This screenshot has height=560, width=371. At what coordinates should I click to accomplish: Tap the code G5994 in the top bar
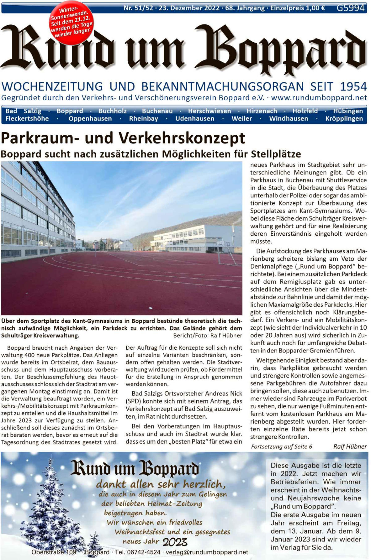[350, 8]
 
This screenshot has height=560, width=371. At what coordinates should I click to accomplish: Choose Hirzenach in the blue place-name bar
[262, 111]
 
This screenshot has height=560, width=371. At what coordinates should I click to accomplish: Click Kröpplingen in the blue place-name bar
[344, 119]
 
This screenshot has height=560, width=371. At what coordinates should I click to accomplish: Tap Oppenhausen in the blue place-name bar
[90, 119]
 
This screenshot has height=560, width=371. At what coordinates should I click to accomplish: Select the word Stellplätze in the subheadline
[276, 154]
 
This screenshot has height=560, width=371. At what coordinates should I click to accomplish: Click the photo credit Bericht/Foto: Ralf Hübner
[207, 335]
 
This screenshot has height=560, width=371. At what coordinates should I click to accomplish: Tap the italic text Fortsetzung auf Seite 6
[282, 446]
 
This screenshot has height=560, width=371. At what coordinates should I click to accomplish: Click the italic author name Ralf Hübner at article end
[350, 446]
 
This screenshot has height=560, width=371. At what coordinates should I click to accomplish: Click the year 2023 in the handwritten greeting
[175, 542]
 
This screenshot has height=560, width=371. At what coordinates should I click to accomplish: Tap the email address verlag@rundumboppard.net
[207, 552]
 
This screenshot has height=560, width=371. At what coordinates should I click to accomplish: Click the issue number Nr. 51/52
[138, 8]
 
